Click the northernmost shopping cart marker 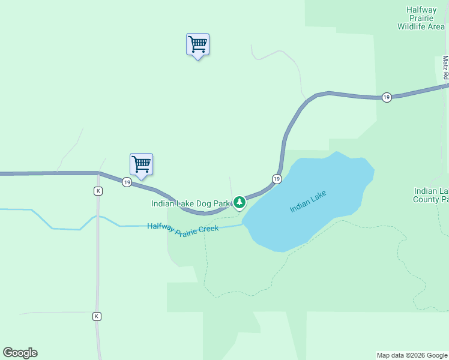coord(197,44)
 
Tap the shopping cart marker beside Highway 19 coord(141,164)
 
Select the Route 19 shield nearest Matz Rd coord(387,97)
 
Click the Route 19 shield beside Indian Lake coord(276,179)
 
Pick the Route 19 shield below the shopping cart coord(127,182)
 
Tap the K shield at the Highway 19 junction coord(98,191)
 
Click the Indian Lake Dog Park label coord(191,203)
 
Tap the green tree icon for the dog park coord(240,202)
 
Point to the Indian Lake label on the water coord(308,201)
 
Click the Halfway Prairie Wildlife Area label coord(421,18)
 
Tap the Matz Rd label coord(445,69)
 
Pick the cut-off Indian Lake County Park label coord(431,195)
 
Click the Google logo coord(20,353)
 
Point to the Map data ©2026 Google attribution coord(412,355)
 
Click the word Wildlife coord(411,26)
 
